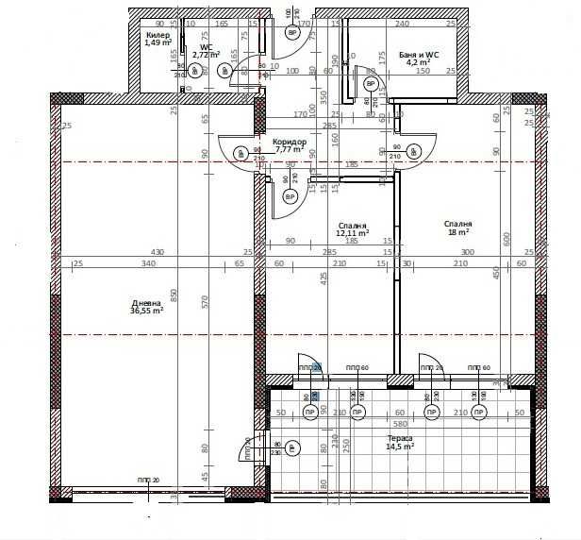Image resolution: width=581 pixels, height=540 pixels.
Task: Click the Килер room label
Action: click(158, 34)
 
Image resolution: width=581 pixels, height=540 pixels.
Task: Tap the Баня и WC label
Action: click(419, 56)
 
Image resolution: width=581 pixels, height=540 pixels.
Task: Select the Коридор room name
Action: click(290, 142)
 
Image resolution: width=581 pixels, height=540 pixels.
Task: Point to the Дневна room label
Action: click(147, 302)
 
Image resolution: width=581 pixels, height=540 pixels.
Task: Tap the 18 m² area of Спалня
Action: click(458, 232)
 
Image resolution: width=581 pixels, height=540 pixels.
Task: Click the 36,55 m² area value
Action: click(147, 311)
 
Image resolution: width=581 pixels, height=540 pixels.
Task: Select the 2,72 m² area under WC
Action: click(207, 55)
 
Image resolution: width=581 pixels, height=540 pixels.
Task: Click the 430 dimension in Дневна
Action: click(158, 252)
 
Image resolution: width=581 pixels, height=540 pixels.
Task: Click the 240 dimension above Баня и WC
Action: click(402, 24)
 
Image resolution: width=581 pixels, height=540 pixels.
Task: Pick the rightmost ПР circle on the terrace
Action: click(483, 413)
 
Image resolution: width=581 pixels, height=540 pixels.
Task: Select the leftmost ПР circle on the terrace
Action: click(310, 413)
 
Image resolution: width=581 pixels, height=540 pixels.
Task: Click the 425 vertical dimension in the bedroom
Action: click(324, 278)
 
